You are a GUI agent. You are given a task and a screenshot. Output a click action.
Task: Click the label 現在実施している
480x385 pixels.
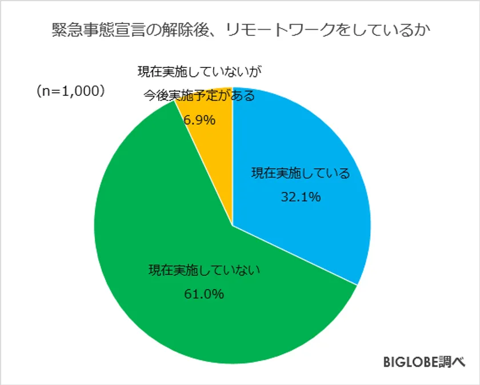coord(301,174)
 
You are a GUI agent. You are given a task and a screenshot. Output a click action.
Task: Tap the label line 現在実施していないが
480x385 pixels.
coord(203,72)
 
